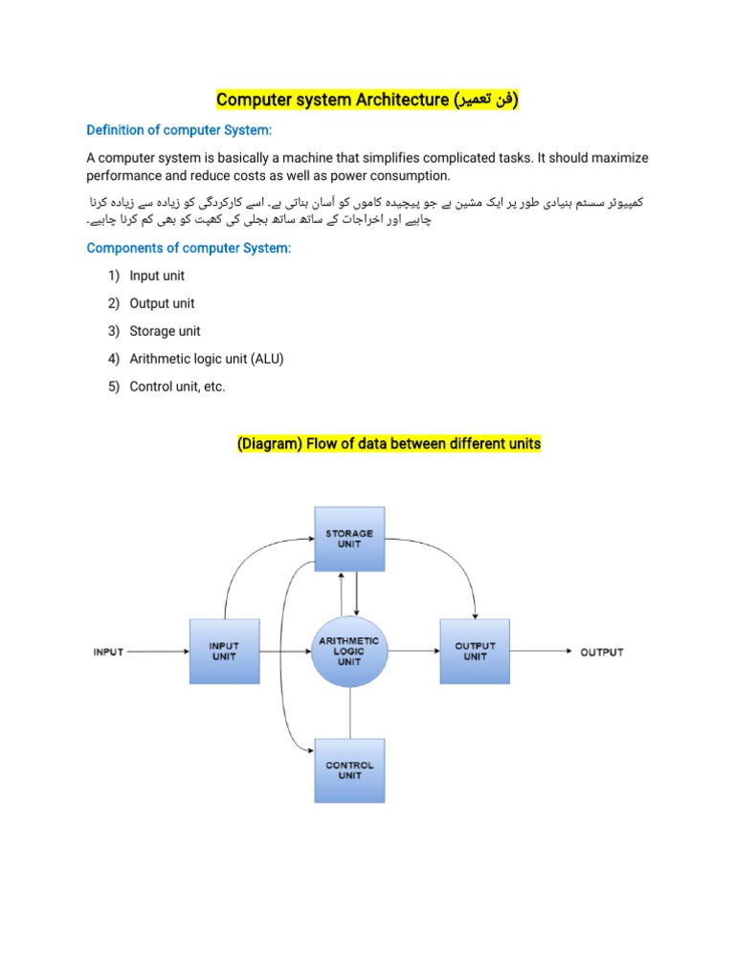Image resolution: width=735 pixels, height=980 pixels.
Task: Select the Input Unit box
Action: coord(224,652)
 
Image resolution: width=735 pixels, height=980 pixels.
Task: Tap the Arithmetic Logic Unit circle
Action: coord(349,652)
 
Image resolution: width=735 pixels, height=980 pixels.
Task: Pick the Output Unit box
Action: coord(475,652)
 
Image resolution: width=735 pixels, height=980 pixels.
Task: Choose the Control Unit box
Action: coord(349,770)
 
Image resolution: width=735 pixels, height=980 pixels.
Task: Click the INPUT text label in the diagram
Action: coord(108,652)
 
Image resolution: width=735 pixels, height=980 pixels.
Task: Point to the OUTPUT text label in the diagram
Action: coord(602,652)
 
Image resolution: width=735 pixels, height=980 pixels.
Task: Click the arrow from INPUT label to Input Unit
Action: coord(158,652)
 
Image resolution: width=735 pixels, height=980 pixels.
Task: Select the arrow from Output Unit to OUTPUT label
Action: coord(541,652)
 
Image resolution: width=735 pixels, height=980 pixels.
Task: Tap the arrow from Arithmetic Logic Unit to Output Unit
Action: coord(412,652)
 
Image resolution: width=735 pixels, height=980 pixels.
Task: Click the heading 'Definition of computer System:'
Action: coord(179,129)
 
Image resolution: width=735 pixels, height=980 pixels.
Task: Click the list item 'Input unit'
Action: coord(157,276)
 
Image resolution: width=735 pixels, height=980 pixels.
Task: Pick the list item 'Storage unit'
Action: coord(165,331)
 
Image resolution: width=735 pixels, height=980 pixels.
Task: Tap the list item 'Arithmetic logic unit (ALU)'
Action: coord(207,359)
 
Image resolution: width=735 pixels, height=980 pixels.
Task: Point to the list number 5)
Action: coord(113,387)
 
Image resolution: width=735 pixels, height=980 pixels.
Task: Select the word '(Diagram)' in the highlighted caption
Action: coord(265,444)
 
